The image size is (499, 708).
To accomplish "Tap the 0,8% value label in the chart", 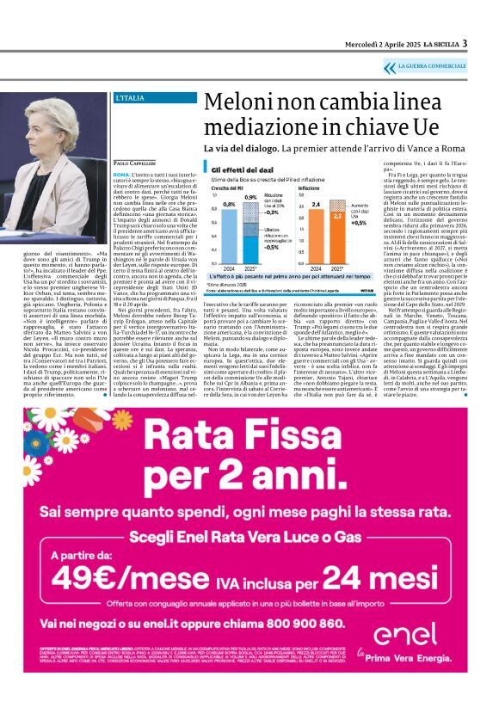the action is (x=229, y=204).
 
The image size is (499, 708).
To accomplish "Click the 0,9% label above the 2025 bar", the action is (x=250, y=197).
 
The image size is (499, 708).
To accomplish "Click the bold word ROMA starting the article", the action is (x=121, y=174).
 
